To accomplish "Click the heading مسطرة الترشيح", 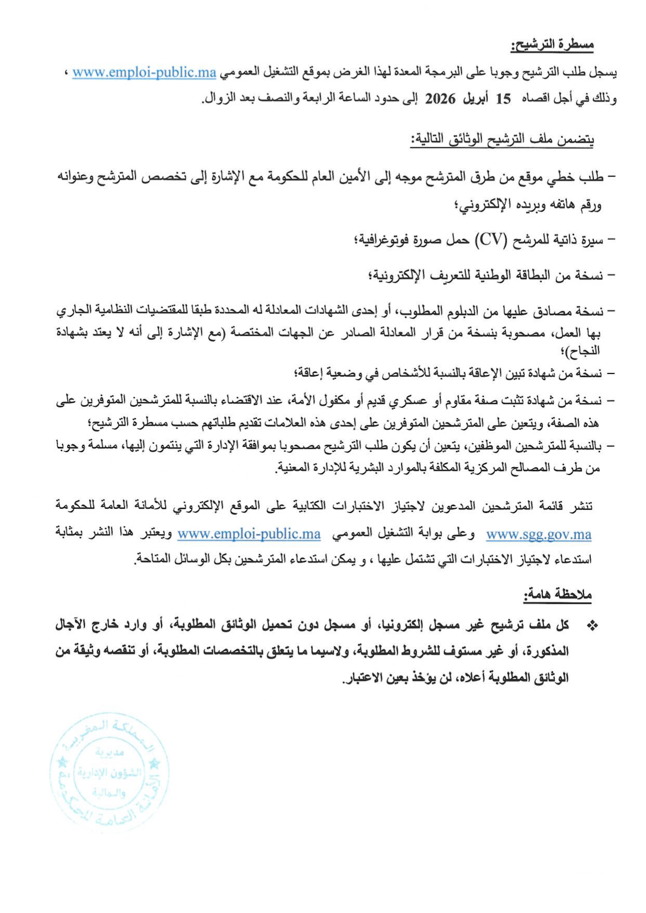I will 552,45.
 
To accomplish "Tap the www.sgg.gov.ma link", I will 539,534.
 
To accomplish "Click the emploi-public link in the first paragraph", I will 144,72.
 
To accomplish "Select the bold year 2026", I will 440,99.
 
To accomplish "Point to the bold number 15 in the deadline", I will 503,99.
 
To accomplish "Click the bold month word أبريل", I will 475,99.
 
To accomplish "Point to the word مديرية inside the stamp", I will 110,752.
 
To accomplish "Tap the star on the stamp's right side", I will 155,764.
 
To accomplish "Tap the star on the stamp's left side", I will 62,763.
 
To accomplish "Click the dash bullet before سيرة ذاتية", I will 612,240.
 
